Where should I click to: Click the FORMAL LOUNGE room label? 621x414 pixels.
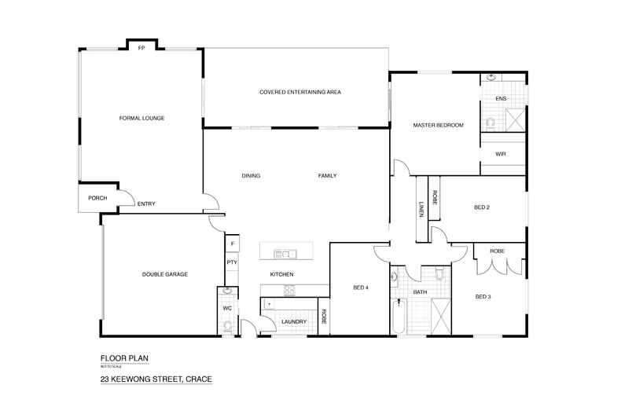pos(141,118)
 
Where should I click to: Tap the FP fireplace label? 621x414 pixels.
pos(141,48)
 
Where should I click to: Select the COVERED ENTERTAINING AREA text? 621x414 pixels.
pos(300,92)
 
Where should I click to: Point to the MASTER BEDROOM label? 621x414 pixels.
pos(438,126)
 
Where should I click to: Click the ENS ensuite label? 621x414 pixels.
pos(501,99)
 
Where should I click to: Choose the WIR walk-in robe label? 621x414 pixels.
pos(501,154)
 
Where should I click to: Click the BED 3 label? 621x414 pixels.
pos(483,296)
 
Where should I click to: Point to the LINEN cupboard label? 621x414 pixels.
pos(421,210)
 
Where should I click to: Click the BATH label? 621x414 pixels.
pos(420,292)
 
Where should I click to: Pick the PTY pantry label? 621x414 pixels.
pos(232,262)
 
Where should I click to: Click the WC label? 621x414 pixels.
pos(226,308)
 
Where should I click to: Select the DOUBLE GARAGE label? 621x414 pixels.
pos(164,274)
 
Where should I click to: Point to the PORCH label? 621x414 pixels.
pos(97,198)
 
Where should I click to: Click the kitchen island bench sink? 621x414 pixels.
pos(284,253)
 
